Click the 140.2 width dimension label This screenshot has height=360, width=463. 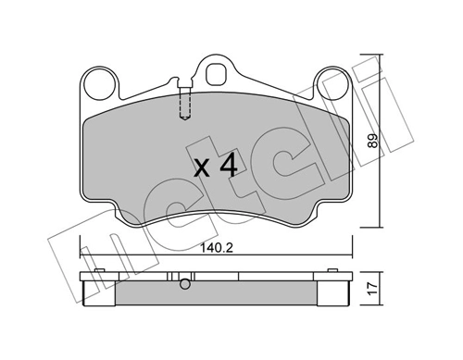click(217, 247)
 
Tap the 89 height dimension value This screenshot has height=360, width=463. click(373, 141)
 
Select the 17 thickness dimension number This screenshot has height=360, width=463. click(373, 289)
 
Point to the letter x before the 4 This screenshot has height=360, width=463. click(203, 169)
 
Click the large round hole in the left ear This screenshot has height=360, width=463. click(99, 84)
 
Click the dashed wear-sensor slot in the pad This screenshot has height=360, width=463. click(185, 103)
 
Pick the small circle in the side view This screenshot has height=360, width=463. click(185, 284)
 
